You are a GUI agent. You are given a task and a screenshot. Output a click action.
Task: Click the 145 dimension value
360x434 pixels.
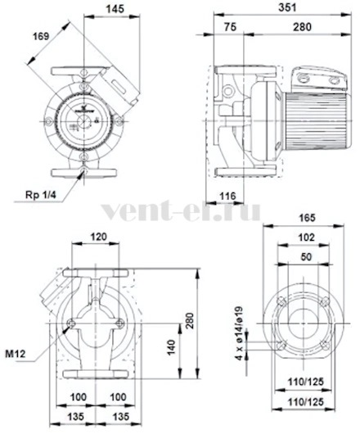tap(115, 9)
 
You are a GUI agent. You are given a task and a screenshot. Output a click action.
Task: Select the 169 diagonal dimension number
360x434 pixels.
tap(41, 36)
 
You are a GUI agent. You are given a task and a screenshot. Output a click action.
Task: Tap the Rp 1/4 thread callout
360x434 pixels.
tap(41, 195)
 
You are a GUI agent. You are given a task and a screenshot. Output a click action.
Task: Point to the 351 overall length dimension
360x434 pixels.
tap(287, 7)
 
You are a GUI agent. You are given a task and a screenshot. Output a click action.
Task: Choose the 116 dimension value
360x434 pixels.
tap(227, 196)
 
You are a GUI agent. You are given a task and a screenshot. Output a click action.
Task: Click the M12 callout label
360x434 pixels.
tap(16, 354)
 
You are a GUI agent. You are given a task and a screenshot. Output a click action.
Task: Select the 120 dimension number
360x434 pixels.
tap(99, 237)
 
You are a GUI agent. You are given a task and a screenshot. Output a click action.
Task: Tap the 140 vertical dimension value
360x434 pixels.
tap(172, 347)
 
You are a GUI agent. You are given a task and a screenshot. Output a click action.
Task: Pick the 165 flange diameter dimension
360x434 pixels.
tap(307, 218)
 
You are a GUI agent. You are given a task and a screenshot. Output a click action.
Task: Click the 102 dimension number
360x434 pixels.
tap(307, 237)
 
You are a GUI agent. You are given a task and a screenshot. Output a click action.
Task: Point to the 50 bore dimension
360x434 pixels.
tap(306, 256)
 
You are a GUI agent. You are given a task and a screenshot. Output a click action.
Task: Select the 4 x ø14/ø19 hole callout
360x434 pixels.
tap(239, 333)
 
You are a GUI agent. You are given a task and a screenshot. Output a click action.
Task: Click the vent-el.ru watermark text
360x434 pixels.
tap(181, 211)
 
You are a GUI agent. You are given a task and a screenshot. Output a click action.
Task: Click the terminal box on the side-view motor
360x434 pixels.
tap(319, 79)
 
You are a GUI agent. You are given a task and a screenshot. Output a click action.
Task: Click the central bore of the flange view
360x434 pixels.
tap(303, 323)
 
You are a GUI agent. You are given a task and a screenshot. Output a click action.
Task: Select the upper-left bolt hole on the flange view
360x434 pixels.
tap(281, 301)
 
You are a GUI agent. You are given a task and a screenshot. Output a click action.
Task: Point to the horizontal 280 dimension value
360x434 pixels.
tap(302, 27)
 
